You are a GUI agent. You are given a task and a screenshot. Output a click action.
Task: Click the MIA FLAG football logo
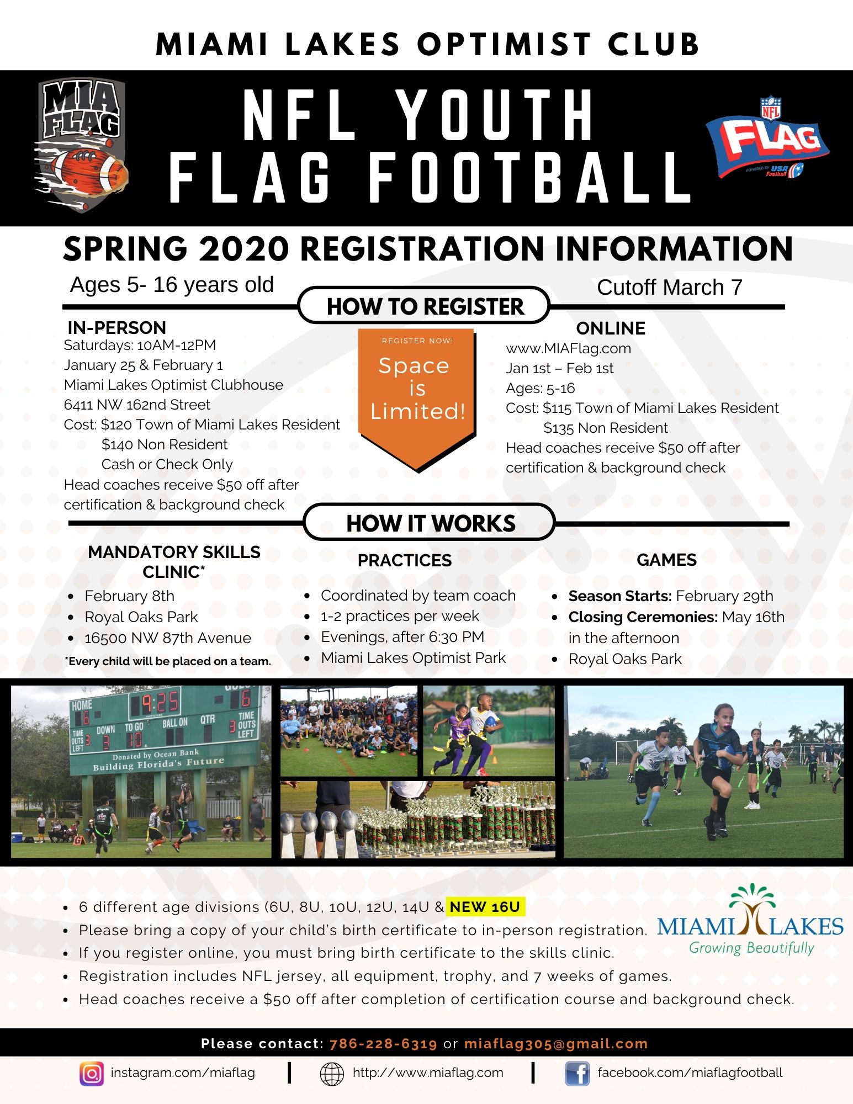(81, 145)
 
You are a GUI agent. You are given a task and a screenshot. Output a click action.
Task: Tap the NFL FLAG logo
(768, 137)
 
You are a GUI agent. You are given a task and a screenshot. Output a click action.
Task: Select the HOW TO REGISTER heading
(425, 306)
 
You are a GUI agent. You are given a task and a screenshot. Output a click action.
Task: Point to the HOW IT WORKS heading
(430, 523)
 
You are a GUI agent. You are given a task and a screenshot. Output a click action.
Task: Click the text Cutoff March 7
(669, 287)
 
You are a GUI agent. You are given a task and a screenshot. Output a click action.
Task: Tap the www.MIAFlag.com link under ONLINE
(568, 348)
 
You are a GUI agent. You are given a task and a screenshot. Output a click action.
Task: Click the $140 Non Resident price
(165, 444)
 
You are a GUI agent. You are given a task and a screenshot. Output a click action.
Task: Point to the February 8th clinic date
(129, 596)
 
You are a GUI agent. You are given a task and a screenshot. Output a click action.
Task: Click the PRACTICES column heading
(405, 560)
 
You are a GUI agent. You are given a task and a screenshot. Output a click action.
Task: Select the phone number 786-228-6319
(383, 1043)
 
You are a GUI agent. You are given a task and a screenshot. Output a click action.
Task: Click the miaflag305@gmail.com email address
(555, 1043)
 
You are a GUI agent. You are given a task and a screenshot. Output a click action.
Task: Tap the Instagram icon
(92, 1074)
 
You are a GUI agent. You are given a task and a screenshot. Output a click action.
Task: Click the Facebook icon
(577, 1074)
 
